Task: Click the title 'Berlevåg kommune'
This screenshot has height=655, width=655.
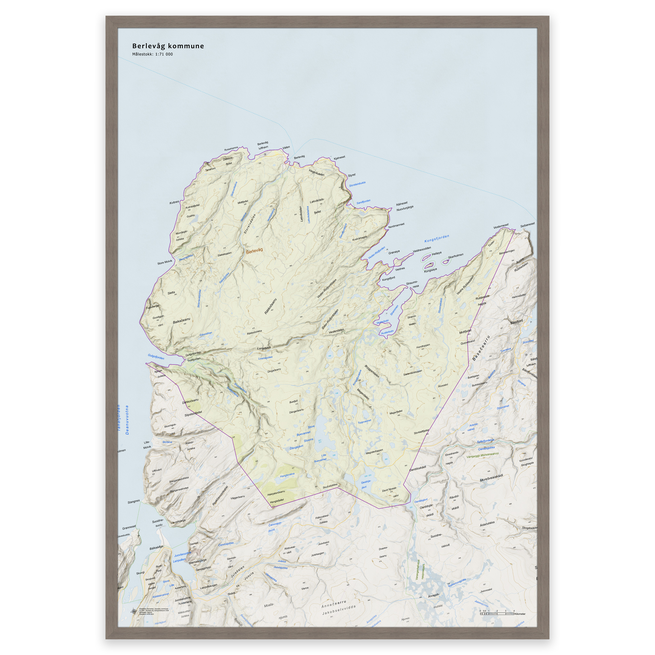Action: [x=168, y=46]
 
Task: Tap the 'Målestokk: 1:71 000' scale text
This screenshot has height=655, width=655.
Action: [x=152, y=54]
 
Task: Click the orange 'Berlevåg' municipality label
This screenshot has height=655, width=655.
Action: [x=254, y=251]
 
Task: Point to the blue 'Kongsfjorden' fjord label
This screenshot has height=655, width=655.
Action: [x=437, y=239]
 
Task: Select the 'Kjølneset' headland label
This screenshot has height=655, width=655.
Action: [x=339, y=158]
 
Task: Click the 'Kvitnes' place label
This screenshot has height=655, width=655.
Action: [x=174, y=202]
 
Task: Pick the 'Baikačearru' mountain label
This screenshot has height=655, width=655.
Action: [x=181, y=321]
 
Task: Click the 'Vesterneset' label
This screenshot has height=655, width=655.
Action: [x=501, y=226]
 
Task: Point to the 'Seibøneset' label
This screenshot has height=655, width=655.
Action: [x=527, y=225]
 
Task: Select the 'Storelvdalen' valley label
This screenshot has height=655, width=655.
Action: [x=250, y=224]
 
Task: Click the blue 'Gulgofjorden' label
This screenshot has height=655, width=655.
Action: [x=156, y=356]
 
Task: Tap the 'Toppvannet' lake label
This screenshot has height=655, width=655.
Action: [x=365, y=422]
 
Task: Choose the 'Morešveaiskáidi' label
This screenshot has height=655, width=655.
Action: [x=491, y=478]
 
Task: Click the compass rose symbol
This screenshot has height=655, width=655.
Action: [x=134, y=611]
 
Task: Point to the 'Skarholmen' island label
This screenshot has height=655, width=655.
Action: [x=455, y=256]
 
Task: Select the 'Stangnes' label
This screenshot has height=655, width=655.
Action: [x=134, y=501]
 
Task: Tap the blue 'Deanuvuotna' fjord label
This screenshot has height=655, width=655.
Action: [x=127, y=420]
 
